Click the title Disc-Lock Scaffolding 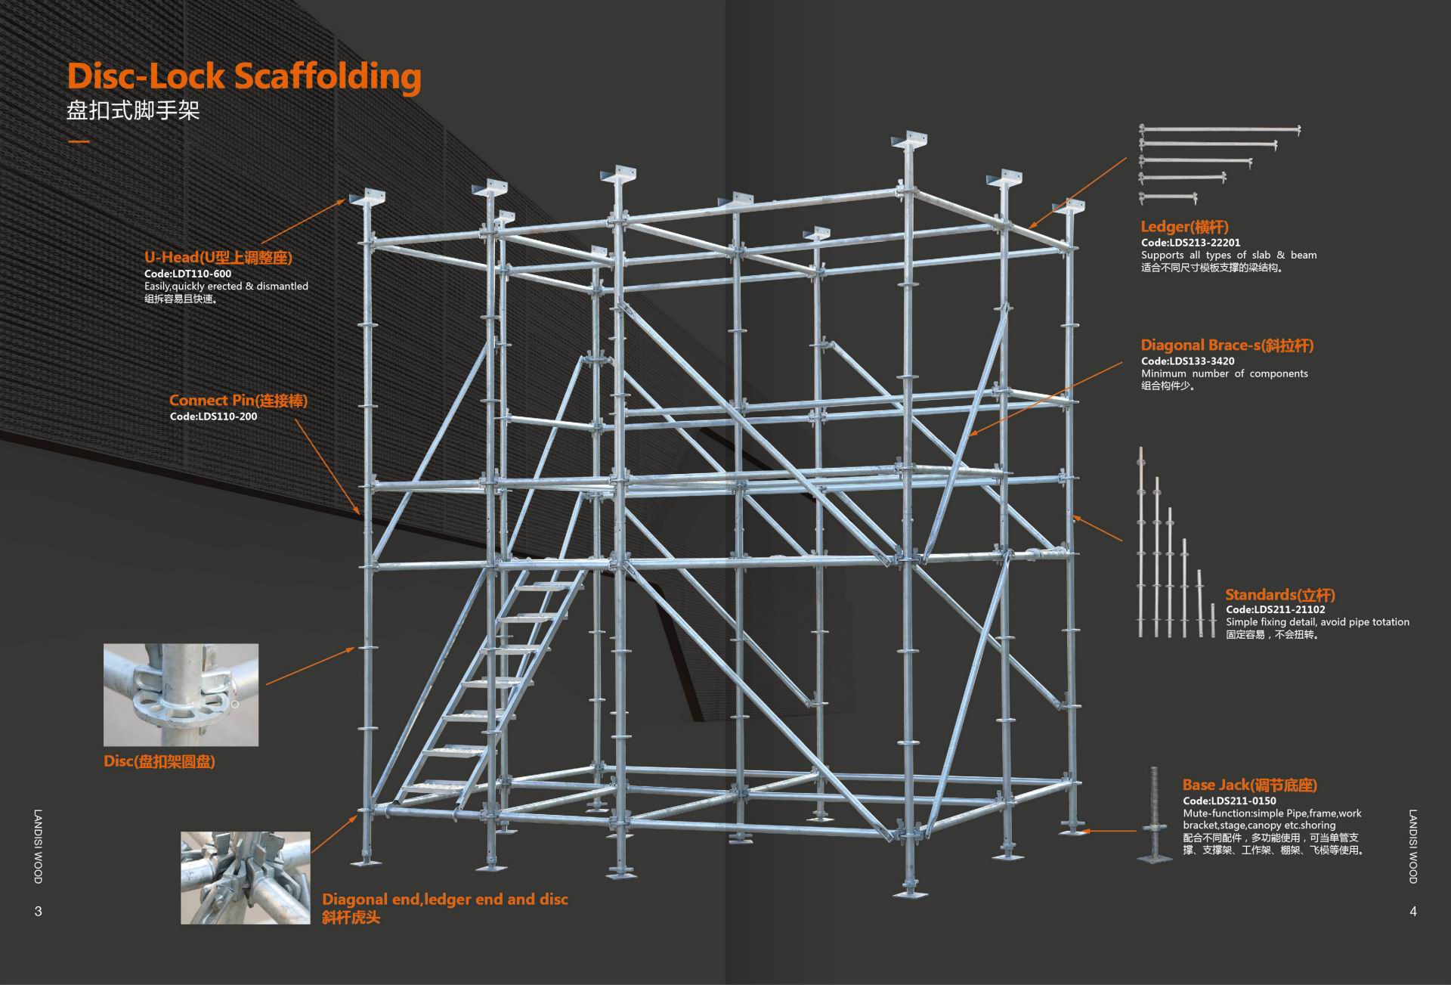(x=244, y=76)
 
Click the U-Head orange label (x=218, y=257)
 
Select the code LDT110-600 (x=187, y=274)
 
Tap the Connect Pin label (x=238, y=401)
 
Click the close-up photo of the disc (x=181, y=695)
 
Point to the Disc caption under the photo (x=159, y=761)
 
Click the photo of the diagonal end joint (x=245, y=878)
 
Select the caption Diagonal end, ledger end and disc (x=444, y=900)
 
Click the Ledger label (x=1184, y=227)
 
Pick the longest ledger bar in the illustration (x=1220, y=130)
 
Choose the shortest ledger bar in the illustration (x=1168, y=198)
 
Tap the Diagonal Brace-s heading (x=1227, y=345)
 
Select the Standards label (x=1280, y=595)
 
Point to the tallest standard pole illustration (x=1141, y=541)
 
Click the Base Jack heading (x=1249, y=785)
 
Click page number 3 (x=39, y=912)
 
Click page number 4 (x=1412, y=912)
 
